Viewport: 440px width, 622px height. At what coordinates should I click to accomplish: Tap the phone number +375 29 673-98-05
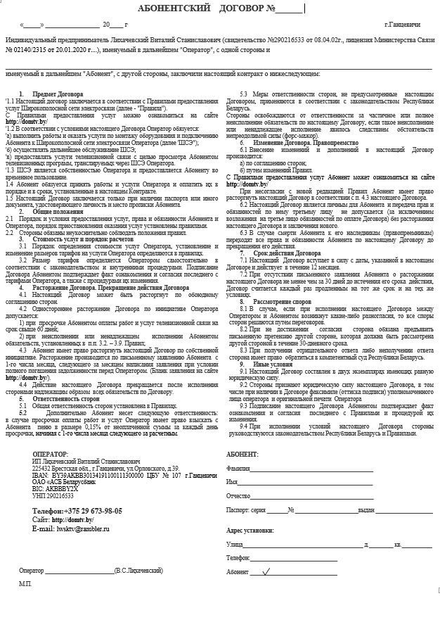click(x=77, y=511)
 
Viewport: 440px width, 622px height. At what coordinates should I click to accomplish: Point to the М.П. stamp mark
click(x=25, y=584)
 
